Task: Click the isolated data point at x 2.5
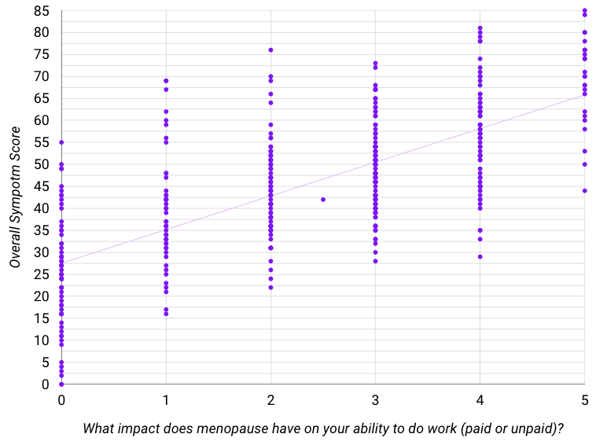tap(323, 200)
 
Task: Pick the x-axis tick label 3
tap(375, 399)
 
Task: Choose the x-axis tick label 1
tap(166, 399)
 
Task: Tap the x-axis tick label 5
tap(584, 399)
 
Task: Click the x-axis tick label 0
tap(61, 399)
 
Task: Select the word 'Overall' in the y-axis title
tap(16, 241)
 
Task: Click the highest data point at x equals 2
tap(270, 50)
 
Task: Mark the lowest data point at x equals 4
tap(480, 256)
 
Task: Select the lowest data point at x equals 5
tap(584, 190)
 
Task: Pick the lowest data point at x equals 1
tap(166, 314)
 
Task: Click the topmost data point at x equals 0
tap(61, 142)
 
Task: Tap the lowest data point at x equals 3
tap(375, 261)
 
